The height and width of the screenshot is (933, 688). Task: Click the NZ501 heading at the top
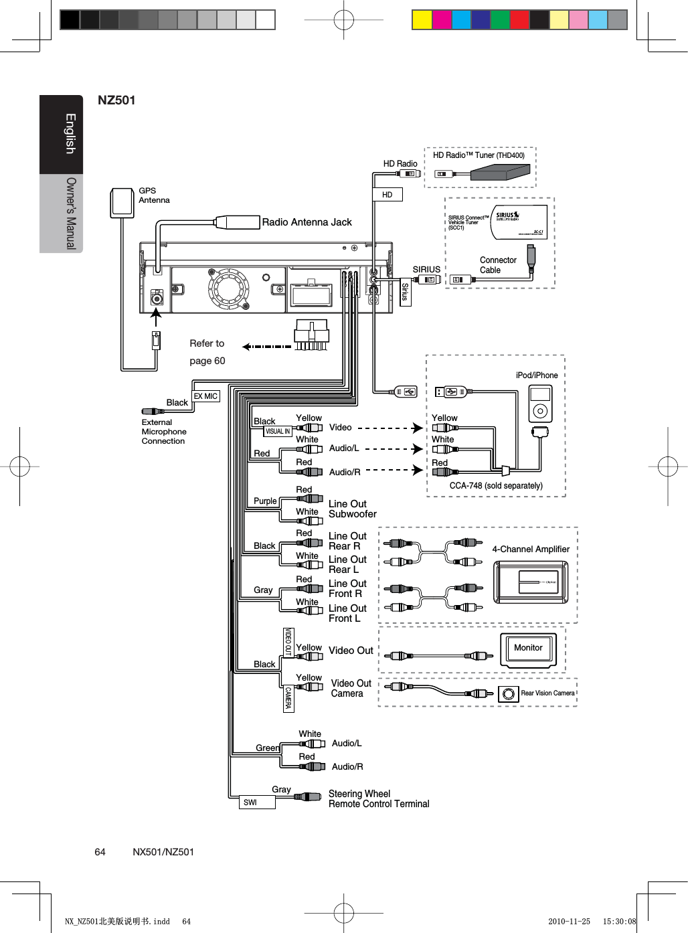[116, 100]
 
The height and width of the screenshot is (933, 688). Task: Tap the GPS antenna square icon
[122, 202]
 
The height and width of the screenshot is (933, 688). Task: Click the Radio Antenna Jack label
[307, 222]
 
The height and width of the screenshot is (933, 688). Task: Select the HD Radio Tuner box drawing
[500, 173]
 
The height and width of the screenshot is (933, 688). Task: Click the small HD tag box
[388, 195]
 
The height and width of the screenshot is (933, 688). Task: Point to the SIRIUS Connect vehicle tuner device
[519, 222]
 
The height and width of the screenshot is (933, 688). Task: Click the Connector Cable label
[497, 265]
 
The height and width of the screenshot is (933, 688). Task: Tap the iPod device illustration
[540, 404]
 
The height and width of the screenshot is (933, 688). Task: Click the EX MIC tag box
[205, 396]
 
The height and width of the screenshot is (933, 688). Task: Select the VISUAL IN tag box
[278, 432]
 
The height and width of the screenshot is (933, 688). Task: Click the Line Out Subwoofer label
[352, 509]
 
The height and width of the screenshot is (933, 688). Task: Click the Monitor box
[528, 649]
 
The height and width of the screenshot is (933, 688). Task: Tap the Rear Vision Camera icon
[509, 694]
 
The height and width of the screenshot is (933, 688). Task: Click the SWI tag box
[257, 802]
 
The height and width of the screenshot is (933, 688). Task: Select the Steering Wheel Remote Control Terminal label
[378, 798]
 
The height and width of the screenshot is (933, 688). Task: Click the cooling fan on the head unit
[228, 288]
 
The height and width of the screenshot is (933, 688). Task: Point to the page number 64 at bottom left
[100, 852]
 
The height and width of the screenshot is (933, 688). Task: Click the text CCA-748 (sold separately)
[496, 486]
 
